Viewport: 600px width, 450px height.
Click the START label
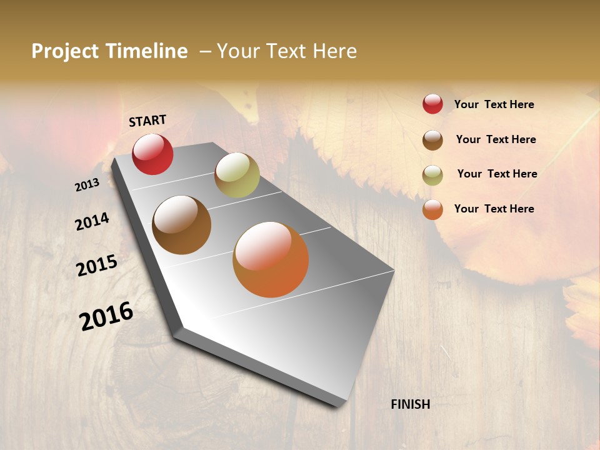[x=147, y=121]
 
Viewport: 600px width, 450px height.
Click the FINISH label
[x=410, y=404]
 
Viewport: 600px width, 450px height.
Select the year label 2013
[x=87, y=185]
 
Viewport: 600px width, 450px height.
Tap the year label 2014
[x=92, y=221]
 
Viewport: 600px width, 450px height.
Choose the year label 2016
[x=106, y=316]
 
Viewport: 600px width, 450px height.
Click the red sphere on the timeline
[x=152, y=154]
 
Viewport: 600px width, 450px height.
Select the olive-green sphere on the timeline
[x=237, y=174]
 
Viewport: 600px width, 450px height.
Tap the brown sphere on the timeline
[x=181, y=225]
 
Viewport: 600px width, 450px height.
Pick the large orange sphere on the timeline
[x=271, y=259]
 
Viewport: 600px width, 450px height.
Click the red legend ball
[x=432, y=104]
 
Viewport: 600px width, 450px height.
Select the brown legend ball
[x=432, y=139]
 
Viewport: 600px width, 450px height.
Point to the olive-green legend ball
[x=432, y=174]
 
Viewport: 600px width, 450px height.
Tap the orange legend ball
[x=432, y=209]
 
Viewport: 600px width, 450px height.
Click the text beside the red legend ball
[x=494, y=104]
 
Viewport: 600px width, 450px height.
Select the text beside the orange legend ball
[x=494, y=209]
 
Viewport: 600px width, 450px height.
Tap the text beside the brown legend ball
[x=496, y=139]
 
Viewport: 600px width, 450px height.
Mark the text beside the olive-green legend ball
[x=497, y=174]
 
